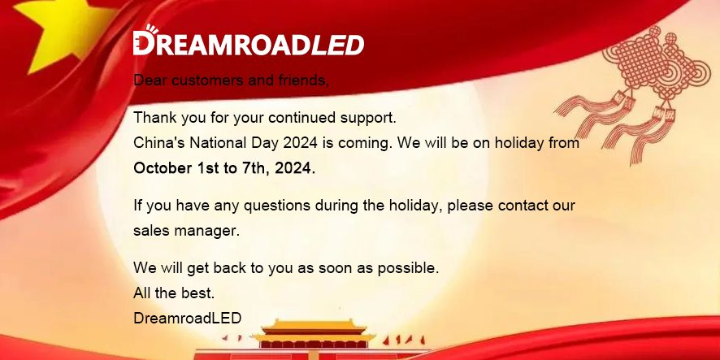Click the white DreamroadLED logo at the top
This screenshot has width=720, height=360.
pos(249,41)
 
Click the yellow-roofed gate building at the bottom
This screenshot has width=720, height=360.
pos(314,339)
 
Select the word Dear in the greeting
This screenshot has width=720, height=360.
pos(150,80)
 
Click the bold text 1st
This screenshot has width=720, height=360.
pos(207,168)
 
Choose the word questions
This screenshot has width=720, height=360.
pos(277,206)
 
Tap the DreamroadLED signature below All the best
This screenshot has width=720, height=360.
pos(188,319)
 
